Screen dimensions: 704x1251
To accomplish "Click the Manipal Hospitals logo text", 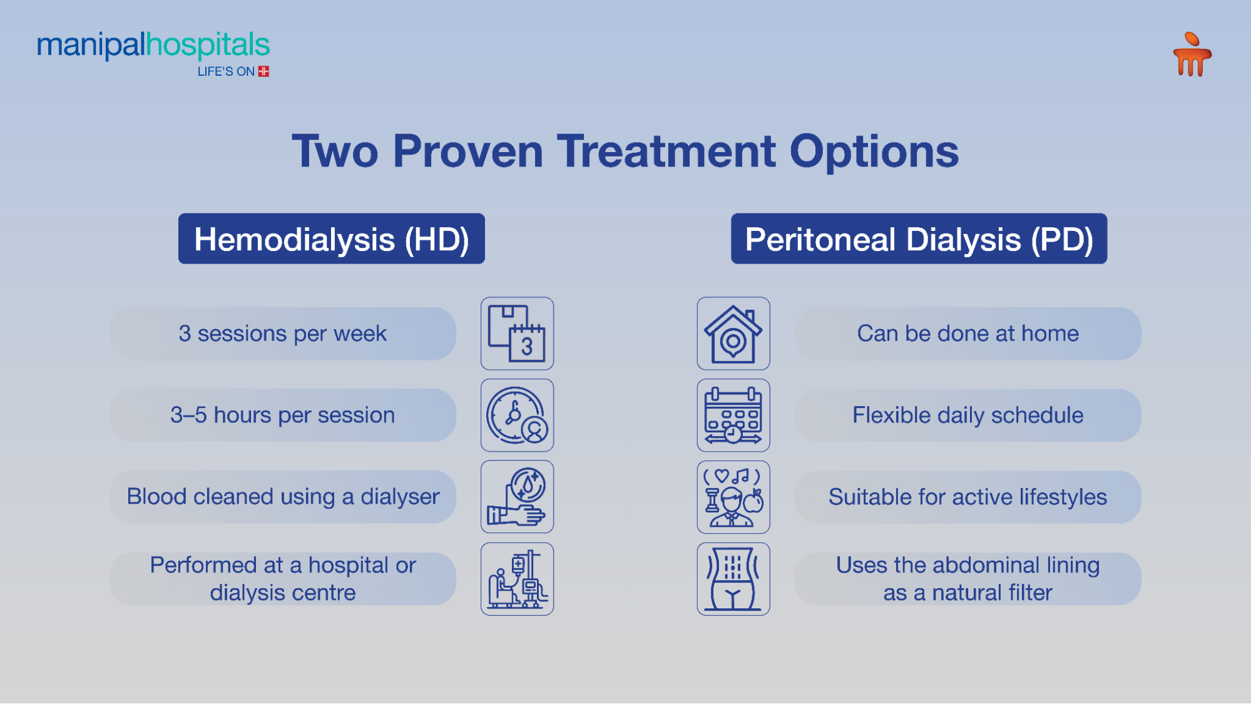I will (153, 45).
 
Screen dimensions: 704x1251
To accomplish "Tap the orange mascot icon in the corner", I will (1192, 55).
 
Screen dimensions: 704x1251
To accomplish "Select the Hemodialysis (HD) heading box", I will (331, 239).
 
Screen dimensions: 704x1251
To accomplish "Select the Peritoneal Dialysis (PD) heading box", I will (918, 239).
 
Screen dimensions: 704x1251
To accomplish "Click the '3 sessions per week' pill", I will (282, 334).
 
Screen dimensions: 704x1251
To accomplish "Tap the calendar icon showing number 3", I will (517, 334).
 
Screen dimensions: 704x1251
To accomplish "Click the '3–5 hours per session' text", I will (282, 416).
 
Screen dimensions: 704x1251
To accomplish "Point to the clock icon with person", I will (517, 416).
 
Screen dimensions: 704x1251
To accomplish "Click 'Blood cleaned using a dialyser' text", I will (282, 497).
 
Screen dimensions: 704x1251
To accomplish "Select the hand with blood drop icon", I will (517, 497).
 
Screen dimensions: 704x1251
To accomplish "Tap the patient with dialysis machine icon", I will (517, 579).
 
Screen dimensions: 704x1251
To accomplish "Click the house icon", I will (733, 334).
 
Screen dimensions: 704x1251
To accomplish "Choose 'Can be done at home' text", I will (968, 334).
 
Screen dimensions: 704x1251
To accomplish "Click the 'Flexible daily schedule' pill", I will (968, 416).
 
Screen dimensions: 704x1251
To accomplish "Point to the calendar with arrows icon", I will (733, 416).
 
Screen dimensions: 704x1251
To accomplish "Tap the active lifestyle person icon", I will (733, 497).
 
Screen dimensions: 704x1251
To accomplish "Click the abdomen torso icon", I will (733, 579).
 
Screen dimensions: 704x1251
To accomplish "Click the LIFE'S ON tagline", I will (226, 72).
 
